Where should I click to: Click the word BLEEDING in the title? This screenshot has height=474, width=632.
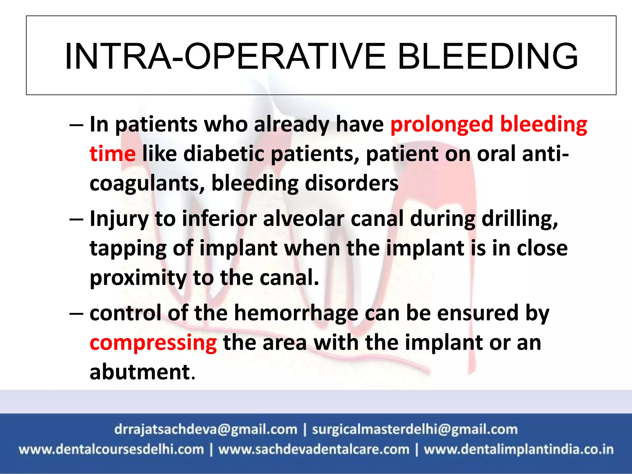488,56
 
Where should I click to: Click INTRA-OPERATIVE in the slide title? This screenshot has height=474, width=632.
225,56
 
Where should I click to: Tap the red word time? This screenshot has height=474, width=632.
112,154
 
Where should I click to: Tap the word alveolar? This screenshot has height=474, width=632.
303,218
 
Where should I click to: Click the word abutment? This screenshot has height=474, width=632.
140,372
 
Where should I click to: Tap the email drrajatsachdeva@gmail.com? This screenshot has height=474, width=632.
206,429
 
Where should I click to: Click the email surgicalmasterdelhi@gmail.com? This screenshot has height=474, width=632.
414,429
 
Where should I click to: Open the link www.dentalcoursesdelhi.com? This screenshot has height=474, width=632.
111,449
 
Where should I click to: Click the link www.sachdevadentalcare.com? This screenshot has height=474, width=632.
314,449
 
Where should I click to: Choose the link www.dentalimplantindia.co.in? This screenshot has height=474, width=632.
518,449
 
